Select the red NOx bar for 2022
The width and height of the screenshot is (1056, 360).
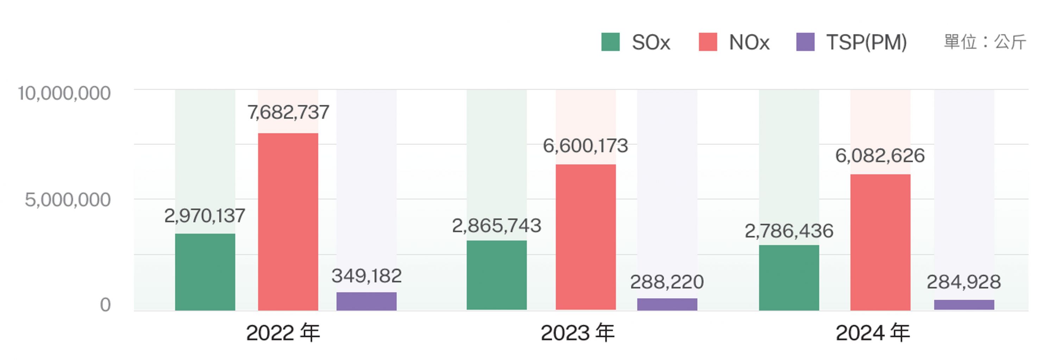[288, 221]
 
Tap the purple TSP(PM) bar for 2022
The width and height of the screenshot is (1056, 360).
[366, 301]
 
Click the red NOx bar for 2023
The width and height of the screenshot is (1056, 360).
[585, 237]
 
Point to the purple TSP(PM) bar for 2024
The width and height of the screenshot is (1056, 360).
[964, 305]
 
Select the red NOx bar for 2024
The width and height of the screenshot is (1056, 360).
[880, 242]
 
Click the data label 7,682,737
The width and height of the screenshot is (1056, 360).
[288, 112]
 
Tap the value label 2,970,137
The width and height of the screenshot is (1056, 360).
[205, 216]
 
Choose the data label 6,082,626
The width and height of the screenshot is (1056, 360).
[880, 156]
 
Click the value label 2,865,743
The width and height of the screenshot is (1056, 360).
[496, 226]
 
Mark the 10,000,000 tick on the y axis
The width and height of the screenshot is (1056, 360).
[64, 94]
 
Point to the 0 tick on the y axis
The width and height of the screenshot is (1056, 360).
[105, 305]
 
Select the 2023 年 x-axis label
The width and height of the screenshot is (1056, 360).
[578, 333]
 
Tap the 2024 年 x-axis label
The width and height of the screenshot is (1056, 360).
[873, 333]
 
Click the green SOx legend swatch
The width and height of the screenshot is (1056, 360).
[610, 42]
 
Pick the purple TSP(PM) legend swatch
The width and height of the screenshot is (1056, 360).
[805, 42]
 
